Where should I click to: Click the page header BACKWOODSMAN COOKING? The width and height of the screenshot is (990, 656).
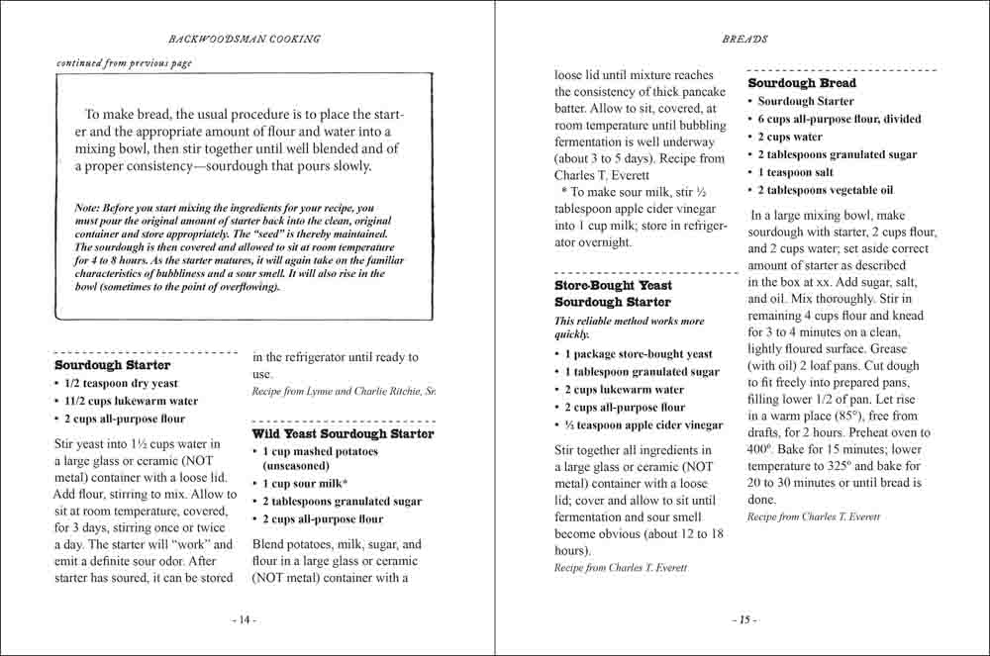pos(245,40)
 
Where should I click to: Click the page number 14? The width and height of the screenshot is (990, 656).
pos(244,619)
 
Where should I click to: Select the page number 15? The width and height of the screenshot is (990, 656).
pos(744,619)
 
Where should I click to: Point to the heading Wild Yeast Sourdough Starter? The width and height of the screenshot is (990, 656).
pos(343,433)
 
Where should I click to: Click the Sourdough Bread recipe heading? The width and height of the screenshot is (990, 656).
pos(802,83)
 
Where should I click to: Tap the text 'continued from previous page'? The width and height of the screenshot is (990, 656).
pos(125,63)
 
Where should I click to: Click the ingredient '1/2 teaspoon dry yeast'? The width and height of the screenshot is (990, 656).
pos(122,384)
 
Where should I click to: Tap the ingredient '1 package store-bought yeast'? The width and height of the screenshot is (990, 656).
pos(638,354)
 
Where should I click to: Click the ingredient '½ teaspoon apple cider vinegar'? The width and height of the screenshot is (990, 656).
pos(643,425)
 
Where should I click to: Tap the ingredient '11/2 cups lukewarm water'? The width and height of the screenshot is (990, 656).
pos(131,402)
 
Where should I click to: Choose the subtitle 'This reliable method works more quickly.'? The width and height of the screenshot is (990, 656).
pos(629,328)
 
